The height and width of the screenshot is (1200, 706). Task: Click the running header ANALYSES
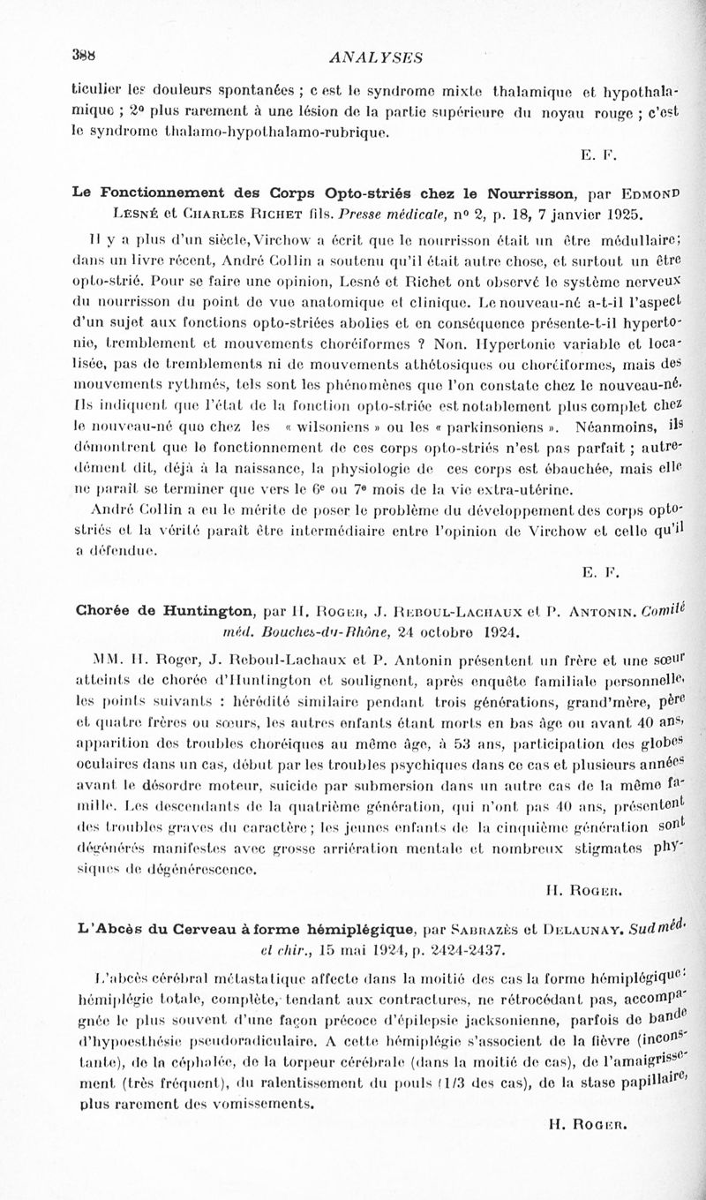[x=375, y=58]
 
